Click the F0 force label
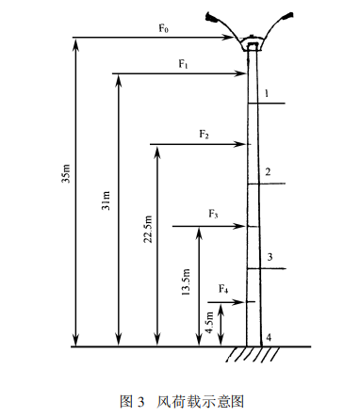point(163,28)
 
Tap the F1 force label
point(184,64)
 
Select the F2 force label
point(204,135)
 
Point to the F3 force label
point(213,215)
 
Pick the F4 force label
point(223,289)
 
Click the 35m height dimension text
point(67,173)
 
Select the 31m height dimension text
point(106,200)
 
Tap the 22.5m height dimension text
point(148,229)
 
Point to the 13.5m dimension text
point(186,281)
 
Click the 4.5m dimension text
point(209,322)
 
